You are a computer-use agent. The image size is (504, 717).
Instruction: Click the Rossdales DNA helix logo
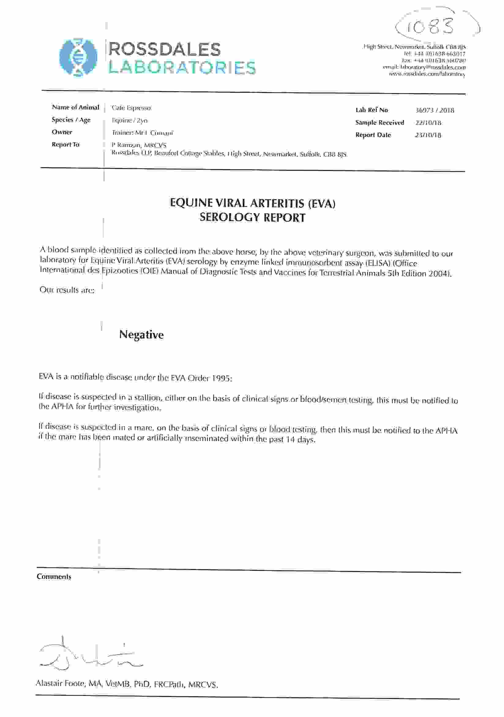point(78,58)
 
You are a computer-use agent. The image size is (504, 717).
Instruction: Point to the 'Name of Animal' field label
point(75,108)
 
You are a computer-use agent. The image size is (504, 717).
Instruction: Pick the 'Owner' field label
point(62,132)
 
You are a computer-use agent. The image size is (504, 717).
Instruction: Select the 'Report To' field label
point(65,145)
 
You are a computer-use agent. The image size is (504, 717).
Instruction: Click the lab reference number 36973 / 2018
point(435,111)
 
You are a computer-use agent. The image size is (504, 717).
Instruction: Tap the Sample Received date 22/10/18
point(428,123)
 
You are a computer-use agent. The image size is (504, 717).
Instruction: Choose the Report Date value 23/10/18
point(428,135)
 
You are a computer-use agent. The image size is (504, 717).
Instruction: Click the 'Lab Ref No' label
point(371,110)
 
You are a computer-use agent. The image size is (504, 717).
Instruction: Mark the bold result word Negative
point(141,335)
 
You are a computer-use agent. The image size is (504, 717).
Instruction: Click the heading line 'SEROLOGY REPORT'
point(252,217)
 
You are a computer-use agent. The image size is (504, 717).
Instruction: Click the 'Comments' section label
point(54,577)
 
